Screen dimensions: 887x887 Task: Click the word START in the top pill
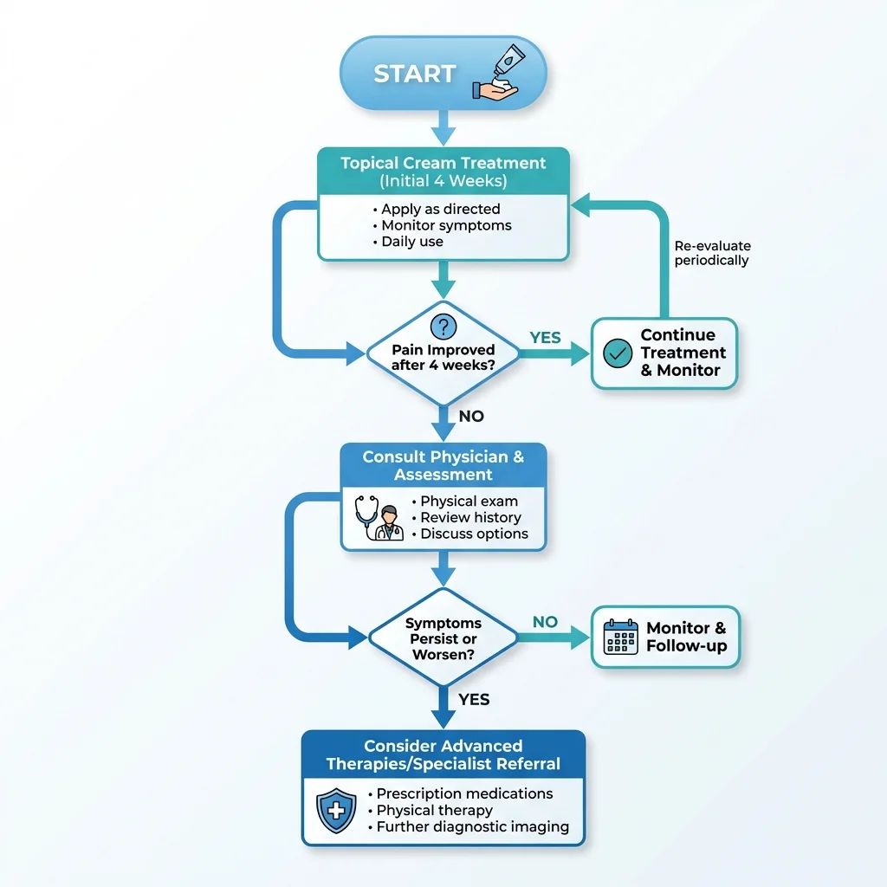tap(414, 74)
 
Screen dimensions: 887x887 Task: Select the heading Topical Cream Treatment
tap(443, 163)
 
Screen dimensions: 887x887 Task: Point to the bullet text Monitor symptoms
tap(446, 225)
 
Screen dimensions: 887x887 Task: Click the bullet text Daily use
tap(412, 242)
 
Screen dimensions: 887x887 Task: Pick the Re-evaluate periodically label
tap(711, 253)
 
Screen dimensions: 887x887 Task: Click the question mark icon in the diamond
tap(443, 326)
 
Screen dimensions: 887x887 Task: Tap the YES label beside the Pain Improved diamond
tap(545, 338)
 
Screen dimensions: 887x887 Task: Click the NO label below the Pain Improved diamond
tap(471, 417)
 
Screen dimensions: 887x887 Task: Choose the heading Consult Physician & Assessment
tap(443, 465)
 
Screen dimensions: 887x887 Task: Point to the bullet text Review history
tap(471, 517)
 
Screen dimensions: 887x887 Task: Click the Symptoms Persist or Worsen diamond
tap(443, 639)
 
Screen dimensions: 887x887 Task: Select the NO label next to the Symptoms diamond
tap(545, 622)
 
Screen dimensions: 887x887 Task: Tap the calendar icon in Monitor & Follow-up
tap(620, 637)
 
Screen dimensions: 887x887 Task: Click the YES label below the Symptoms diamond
tap(474, 699)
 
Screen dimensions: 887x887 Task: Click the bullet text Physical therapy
tap(435, 810)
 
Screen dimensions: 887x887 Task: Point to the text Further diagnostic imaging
tap(473, 827)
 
